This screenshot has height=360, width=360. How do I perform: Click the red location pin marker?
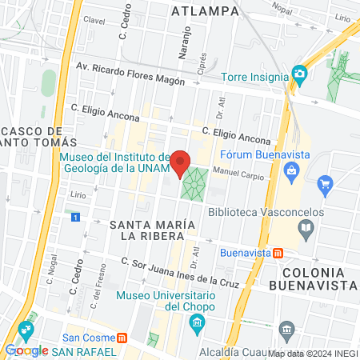point(182,162)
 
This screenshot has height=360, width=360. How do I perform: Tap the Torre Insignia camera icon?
point(300,75)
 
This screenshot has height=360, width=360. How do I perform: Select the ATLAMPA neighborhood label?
point(206,10)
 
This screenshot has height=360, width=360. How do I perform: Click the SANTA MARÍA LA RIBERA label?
point(152,230)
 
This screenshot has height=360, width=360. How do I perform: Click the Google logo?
point(26,350)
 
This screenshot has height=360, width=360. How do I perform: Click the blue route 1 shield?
point(75,217)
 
